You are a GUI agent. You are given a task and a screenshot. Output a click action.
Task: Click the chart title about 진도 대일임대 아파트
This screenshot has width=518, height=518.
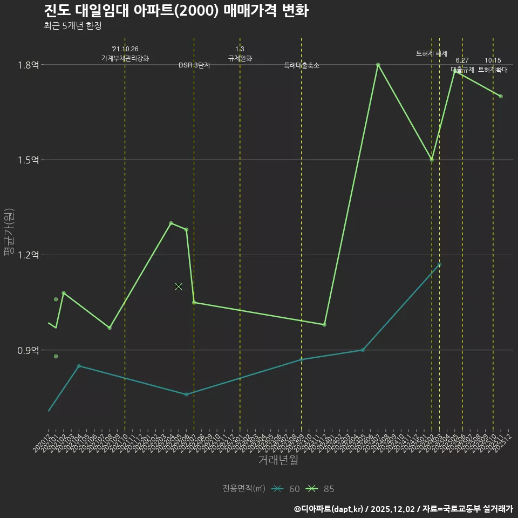pyautogui.click(x=176, y=11)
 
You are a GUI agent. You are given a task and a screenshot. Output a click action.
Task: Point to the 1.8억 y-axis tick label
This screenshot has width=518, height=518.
pyautogui.click(x=28, y=65)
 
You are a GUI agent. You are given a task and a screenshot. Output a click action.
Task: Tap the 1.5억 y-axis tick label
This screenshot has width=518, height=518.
pyautogui.click(x=28, y=160)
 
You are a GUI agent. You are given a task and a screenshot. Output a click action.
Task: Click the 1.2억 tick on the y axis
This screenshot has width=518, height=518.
pyautogui.click(x=28, y=255)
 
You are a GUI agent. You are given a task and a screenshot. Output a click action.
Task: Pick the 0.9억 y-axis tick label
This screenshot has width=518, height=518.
pyautogui.click(x=28, y=350)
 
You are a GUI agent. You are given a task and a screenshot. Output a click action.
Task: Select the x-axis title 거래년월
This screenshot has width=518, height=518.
pyautogui.click(x=278, y=460)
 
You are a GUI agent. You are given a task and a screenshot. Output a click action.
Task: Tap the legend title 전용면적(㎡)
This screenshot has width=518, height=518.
pyautogui.click(x=244, y=489)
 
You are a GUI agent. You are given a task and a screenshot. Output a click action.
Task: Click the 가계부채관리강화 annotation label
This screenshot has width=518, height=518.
pyautogui.click(x=125, y=58)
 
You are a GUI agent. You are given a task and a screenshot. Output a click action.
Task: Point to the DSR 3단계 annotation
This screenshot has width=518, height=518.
pyautogui.click(x=194, y=65)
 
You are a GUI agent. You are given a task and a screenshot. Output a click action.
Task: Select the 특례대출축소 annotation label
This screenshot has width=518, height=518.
pyautogui.click(x=302, y=65)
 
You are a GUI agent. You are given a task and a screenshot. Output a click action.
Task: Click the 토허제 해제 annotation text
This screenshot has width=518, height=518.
pyautogui.click(x=432, y=53)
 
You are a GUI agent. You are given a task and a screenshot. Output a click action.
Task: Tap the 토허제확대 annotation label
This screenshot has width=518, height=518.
pyautogui.click(x=493, y=70)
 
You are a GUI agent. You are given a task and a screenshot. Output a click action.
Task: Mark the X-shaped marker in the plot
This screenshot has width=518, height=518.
pyautogui.click(x=179, y=287)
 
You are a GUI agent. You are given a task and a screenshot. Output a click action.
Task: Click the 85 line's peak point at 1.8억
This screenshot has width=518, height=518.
pyautogui.click(x=378, y=65)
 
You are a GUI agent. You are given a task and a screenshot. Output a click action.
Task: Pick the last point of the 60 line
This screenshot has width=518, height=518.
pyautogui.click(x=439, y=264)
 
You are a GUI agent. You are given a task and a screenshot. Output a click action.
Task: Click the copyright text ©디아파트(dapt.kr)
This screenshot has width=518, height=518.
pyautogui.click(x=330, y=508)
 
